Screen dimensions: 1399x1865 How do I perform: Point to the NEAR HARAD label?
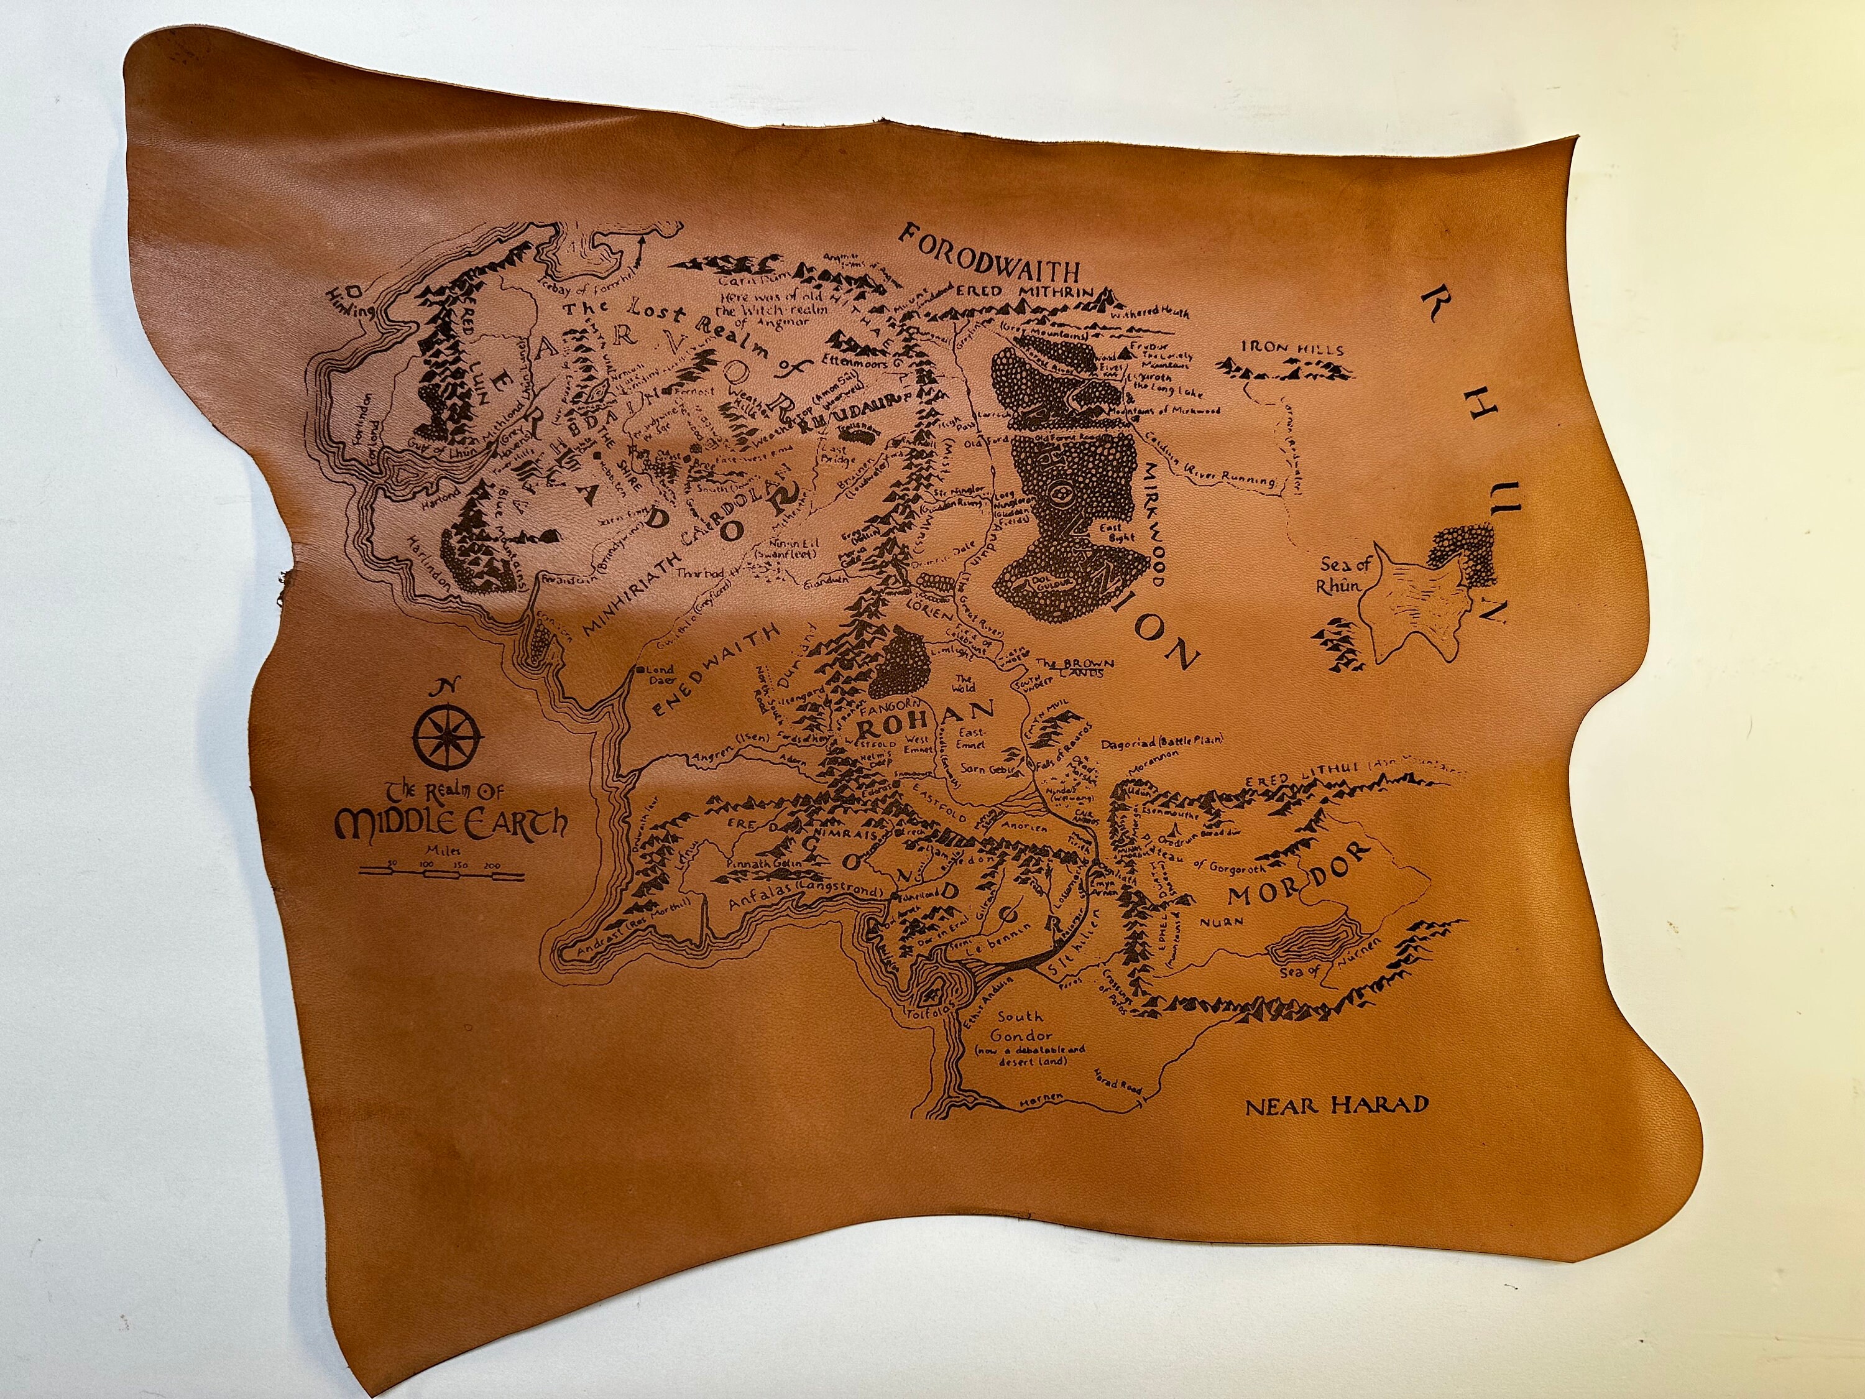point(1337,1105)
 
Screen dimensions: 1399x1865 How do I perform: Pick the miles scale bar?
point(442,874)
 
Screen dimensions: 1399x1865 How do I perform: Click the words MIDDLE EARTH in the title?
point(451,822)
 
